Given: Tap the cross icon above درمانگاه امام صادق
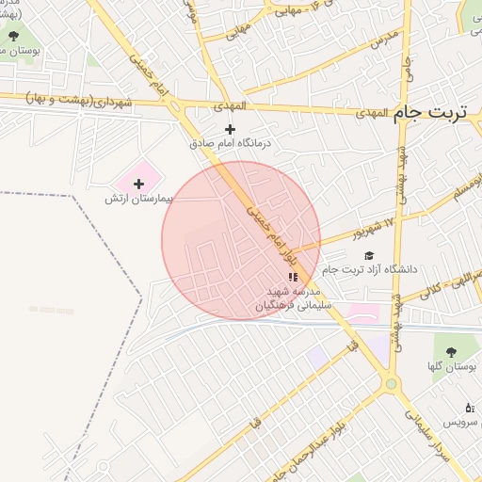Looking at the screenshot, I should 231,129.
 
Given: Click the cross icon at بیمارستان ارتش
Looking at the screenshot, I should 139,184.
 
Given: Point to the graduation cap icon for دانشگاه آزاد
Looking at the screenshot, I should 368,255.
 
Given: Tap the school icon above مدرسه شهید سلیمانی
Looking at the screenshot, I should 292,277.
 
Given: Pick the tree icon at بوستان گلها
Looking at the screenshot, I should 451,351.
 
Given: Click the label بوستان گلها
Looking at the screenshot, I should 450,366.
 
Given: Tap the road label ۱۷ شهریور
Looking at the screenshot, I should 346,233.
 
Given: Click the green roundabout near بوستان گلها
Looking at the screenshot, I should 391,384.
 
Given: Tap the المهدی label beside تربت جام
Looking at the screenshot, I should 373,113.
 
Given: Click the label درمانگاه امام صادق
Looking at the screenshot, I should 231,144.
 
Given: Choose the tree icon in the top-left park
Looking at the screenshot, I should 15,37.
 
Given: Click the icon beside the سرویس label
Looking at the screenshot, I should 470,409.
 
